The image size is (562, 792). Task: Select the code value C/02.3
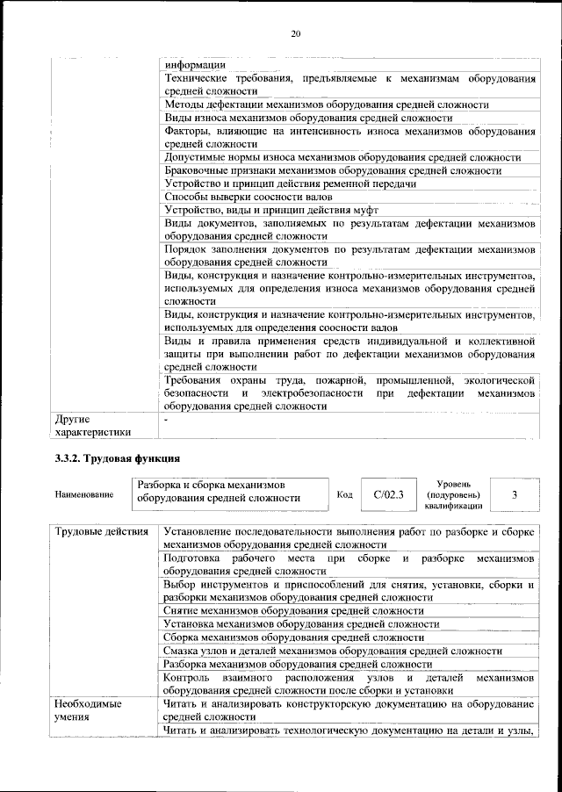point(388,495)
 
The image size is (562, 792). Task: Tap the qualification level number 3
point(514,495)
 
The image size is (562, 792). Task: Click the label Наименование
point(83,495)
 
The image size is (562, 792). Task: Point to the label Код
point(345,495)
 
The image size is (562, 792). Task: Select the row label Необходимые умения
point(87,711)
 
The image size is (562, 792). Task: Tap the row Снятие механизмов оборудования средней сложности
point(293,610)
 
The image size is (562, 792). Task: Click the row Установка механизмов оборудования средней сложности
point(300,624)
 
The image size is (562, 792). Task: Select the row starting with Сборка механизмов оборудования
point(294,637)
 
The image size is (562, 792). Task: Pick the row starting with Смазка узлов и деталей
point(333,652)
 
